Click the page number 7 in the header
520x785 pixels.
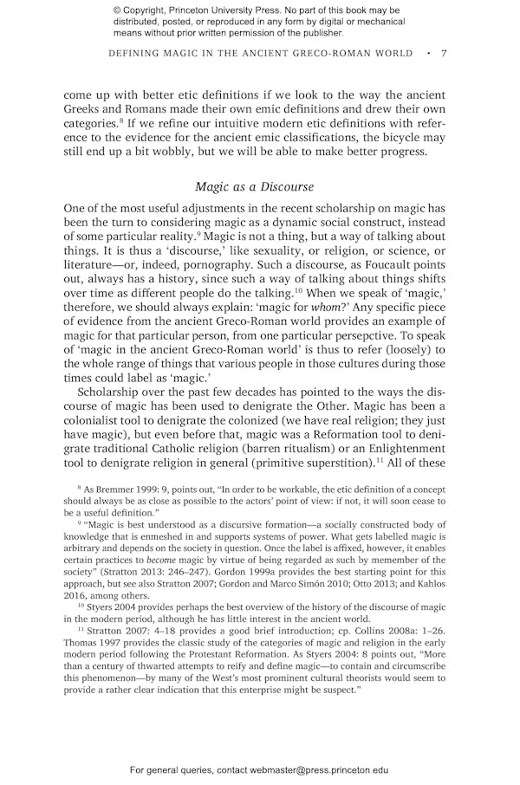[444, 54]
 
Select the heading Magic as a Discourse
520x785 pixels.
[254, 186]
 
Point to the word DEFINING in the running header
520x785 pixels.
[139, 54]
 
